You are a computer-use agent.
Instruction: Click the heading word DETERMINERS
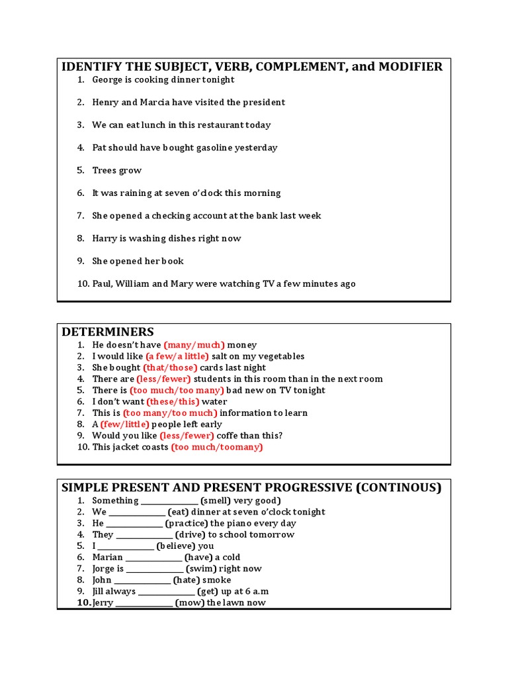pyautogui.click(x=108, y=332)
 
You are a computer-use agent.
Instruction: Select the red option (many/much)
pyautogui.click(x=194, y=345)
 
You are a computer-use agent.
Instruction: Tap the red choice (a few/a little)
pyautogui.click(x=177, y=356)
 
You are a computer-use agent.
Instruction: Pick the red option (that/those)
pyautogui.click(x=170, y=367)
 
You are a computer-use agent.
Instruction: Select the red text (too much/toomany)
pyautogui.click(x=217, y=447)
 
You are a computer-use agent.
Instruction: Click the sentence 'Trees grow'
pyautogui.click(x=117, y=170)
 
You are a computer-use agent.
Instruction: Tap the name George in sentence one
pyautogui.click(x=107, y=79)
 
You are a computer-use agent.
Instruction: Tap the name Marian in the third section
pyautogui.click(x=108, y=557)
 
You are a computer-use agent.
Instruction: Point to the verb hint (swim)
pyautogui.click(x=205, y=569)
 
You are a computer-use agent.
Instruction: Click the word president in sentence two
pyautogui.click(x=263, y=102)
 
